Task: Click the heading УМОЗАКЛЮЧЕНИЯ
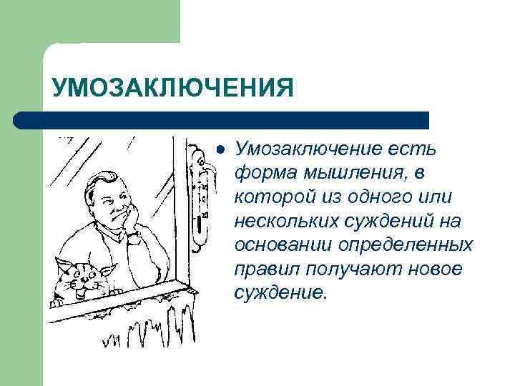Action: click(x=172, y=89)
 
